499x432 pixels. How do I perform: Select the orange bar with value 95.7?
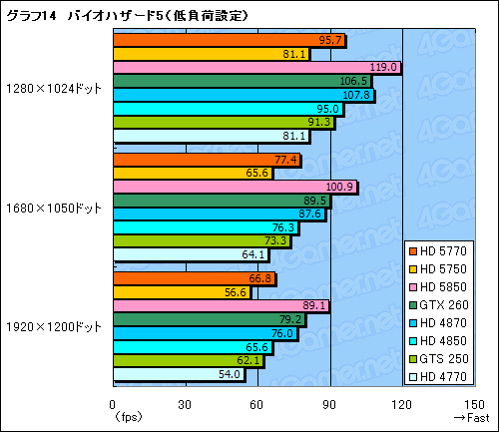tap(229, 41)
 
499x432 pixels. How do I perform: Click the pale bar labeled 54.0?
tap(179, 374)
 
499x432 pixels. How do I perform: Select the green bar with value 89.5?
tap(221, 201)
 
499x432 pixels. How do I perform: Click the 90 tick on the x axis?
tap(330, 404)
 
